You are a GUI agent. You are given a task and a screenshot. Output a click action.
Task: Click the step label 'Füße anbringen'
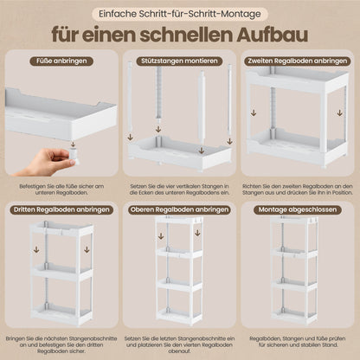pyautogui.click(x=61, y=61)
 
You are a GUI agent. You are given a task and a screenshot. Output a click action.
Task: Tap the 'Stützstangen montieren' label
pyautogui.click(x=179, y=61)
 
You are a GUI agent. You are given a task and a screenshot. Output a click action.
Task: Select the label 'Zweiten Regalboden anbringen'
pyautogui.click(x=298, y=61)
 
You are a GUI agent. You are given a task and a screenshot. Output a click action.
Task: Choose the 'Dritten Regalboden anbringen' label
pyautogui.click(x=61, y=209)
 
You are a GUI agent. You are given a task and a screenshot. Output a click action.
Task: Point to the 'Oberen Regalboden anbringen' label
pyautogui.click(x=179, y=209)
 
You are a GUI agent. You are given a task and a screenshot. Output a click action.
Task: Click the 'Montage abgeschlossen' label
pyautogui.click(x=298, y=209)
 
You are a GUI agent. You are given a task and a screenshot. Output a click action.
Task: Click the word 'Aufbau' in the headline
pyautogui.click(x=273, y=35)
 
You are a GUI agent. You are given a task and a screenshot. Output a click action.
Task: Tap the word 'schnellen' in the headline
pyautogui.click(x=186, y=35)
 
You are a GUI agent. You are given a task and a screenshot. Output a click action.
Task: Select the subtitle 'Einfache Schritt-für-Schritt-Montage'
pyautogui.click(x=180, y=14)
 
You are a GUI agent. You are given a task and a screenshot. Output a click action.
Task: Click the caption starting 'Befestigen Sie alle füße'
pyautogui.click(x=61, y=190)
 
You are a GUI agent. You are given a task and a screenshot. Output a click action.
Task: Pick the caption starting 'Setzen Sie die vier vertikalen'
pyautogui.click(x=179, y=190)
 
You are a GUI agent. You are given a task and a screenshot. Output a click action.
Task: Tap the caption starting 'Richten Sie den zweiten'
pyautogui.click(x=298, y=190)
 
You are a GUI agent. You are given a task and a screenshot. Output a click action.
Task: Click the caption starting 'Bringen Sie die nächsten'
pyautogui.click(x=61, y=344)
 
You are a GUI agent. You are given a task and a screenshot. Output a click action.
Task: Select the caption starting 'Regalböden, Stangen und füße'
pyautogui.click(x=298, y=342)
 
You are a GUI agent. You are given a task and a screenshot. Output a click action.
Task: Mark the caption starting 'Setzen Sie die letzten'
pyautogui.click(x=179, y=344)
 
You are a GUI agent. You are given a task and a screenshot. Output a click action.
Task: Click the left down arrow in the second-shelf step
pyautogui.click(x=254, y=112)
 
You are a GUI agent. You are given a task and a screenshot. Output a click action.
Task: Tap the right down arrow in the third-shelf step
pyautogui.click(x=87, y=249)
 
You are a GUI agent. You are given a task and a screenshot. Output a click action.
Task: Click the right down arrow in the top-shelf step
pyautogui.click(x=197, y=233)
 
